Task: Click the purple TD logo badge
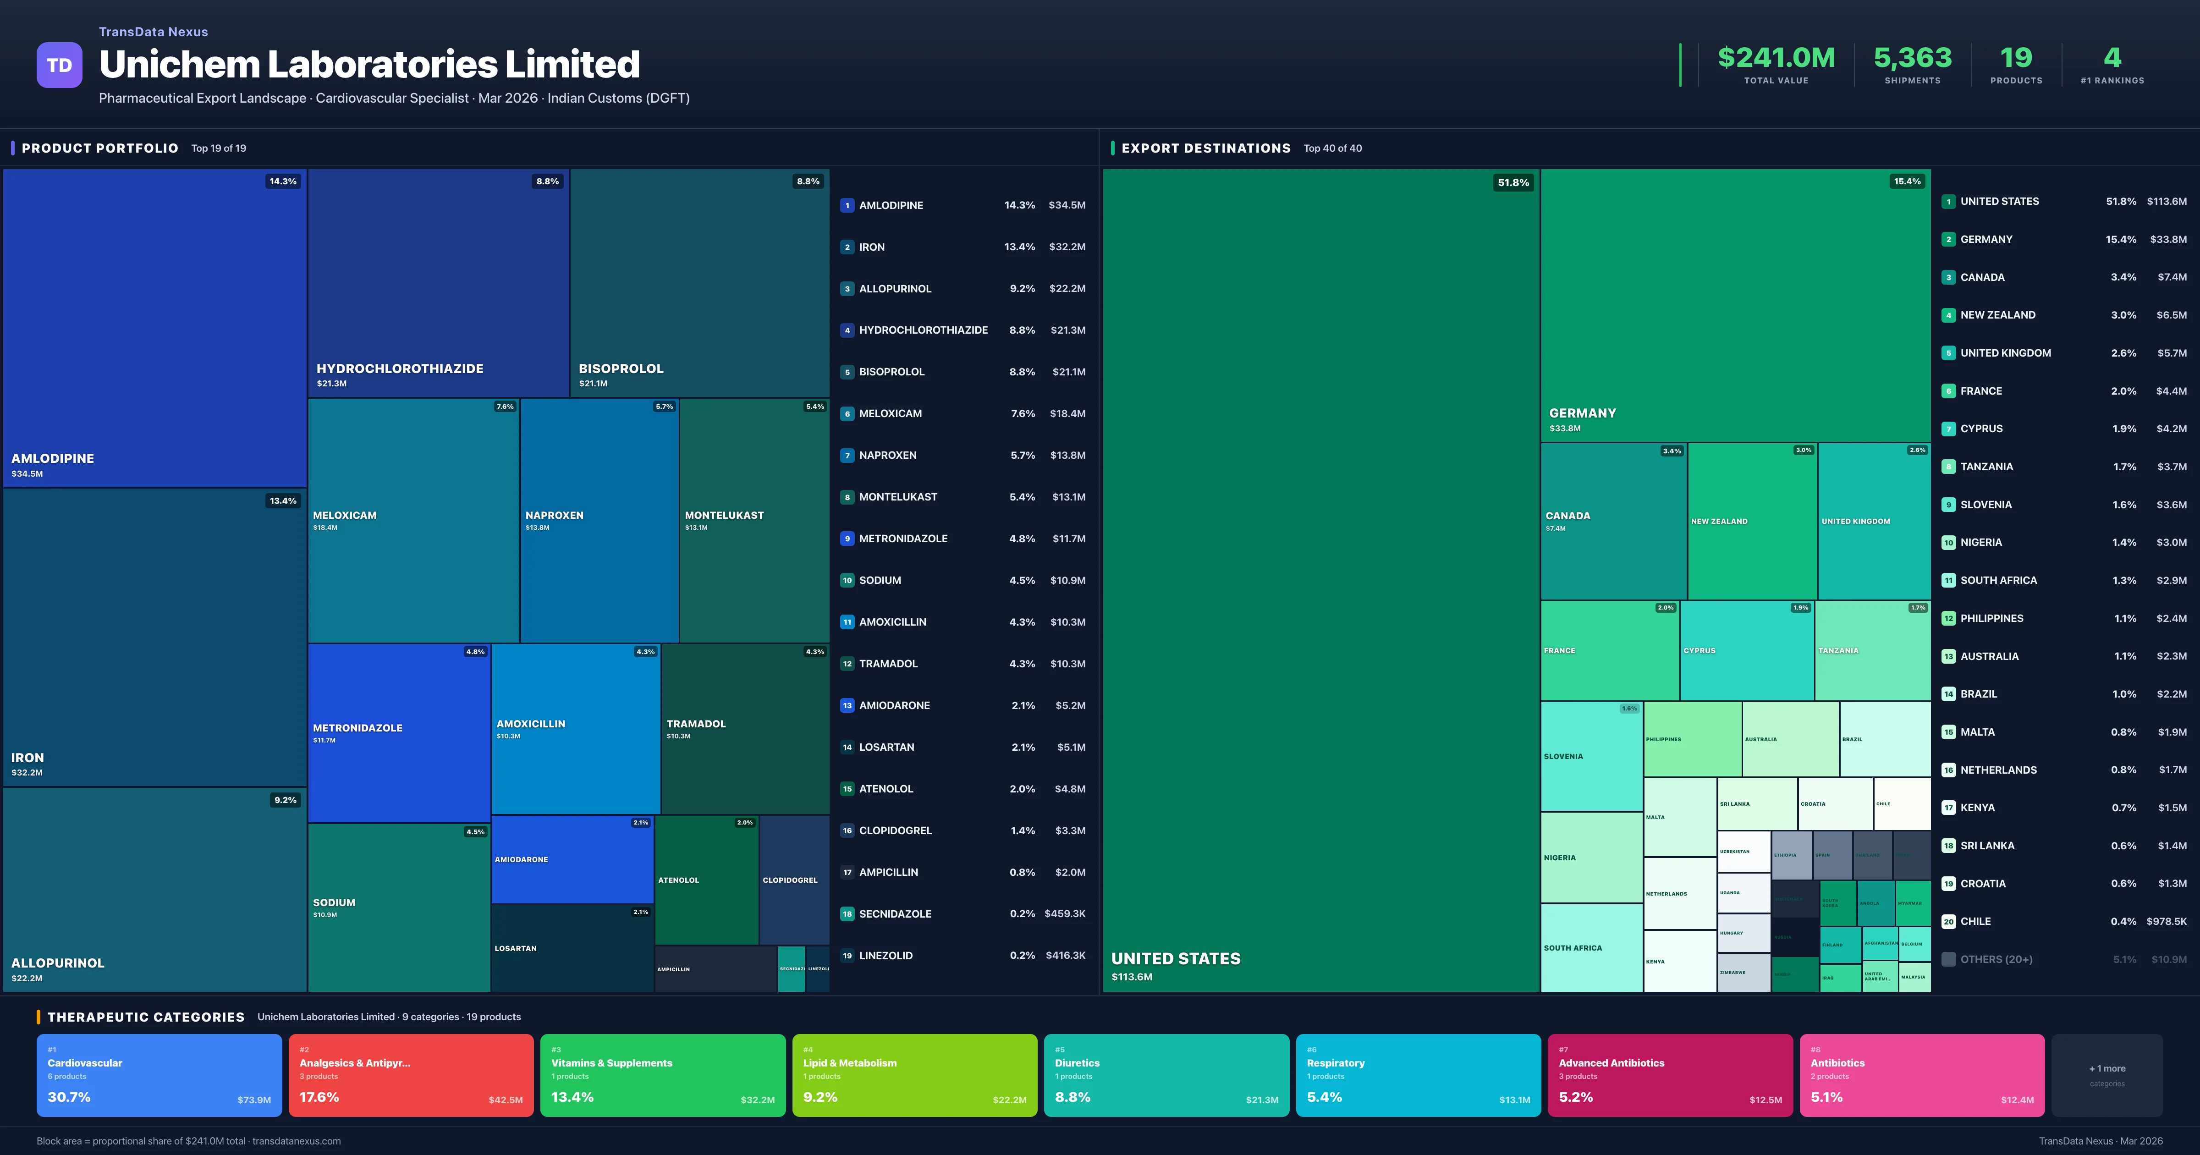pos(59,65)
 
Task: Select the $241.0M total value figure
pos(1776,58)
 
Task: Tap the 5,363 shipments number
pos(1912,58)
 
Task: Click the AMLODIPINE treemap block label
pos(53,459)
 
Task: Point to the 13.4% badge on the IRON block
pos(283,500)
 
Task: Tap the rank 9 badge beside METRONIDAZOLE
pos(847,539)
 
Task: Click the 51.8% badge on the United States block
pos(1512,183)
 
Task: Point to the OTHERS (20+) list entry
pos(1996,959)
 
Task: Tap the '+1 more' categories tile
pos(2107,1075)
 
